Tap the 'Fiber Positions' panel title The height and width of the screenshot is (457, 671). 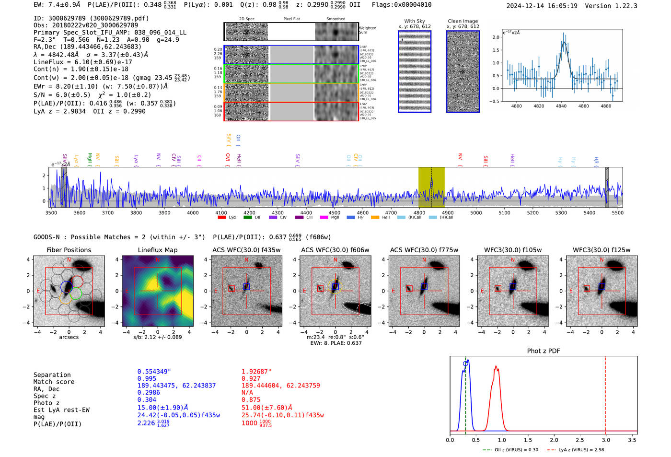coord(69,250)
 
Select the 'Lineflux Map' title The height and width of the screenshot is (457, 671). coord(157,250)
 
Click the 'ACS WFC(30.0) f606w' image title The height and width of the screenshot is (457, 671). coord(335,250)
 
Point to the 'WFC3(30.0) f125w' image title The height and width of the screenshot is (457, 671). coord(602,250)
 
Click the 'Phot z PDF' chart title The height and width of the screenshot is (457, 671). coord(544,351)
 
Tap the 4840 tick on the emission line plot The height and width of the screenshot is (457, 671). coord(561,106)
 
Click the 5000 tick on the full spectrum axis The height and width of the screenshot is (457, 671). coord(476,213)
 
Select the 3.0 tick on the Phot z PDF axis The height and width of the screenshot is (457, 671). coord(606,440)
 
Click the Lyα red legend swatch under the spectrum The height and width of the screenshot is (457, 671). coord(222,217)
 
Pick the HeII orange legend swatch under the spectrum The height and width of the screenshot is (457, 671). coord(375,217)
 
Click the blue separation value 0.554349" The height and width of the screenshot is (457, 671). coord(154,372)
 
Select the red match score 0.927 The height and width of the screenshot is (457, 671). coord(251,378)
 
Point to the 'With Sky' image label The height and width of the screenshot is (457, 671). coord(414,21)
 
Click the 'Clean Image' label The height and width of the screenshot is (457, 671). coord(463,21)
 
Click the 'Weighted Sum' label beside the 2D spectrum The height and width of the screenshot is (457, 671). coord(367,30)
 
